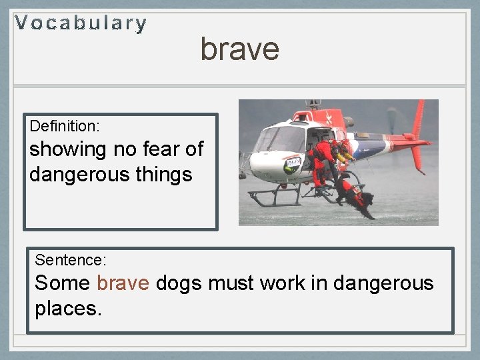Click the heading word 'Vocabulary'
(81, 24)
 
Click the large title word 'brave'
(239, 49)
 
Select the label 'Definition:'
(64, 126)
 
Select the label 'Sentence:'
(70, 259)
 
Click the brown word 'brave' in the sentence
(123, 283)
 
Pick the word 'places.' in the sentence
(68, 309)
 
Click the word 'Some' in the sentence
(62, 283)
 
